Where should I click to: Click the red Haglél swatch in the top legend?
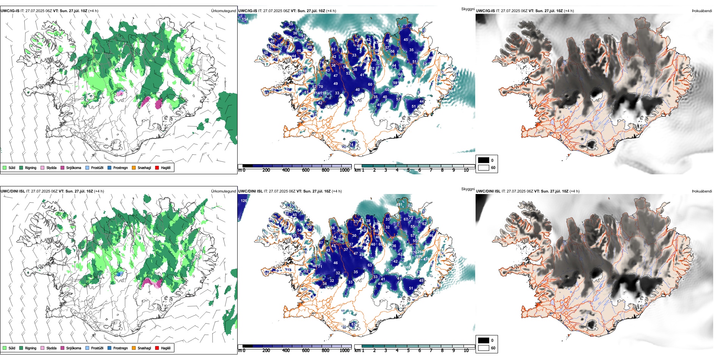click(157, 167)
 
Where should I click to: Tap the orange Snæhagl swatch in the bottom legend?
click(134, 348)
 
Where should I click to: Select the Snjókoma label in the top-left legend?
click(74, 167)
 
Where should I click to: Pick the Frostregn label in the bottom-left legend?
click(120, 348)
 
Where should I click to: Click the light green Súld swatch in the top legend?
click(5, 167)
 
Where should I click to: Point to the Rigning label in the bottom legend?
click(31, 348)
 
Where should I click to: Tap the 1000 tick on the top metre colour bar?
click(344, 170)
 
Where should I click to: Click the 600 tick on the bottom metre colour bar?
click(306, 351)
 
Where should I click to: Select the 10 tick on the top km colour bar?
click(466, 170)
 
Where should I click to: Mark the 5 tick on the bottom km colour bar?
click(408, 351)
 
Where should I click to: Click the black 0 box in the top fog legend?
click(484, 160)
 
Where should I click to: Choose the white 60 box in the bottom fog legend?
click(484, 348)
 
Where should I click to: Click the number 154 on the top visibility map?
click(245, 19)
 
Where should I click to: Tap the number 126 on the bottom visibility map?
click(244, 201)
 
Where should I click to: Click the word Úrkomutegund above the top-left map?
click(223, 11)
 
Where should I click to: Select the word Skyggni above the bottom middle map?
click(468, 189)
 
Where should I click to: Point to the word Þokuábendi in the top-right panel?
click(702, 11)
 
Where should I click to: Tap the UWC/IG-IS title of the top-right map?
click(485, 11)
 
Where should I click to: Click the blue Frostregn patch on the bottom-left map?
click(120, 273)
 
